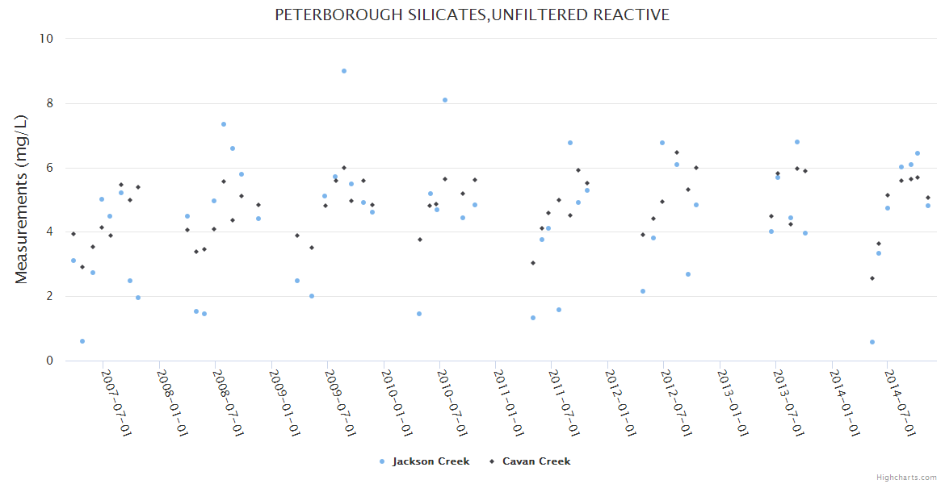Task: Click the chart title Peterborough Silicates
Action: [472, 15]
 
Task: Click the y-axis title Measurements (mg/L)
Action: [22, 199]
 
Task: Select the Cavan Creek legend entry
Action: [535, 461]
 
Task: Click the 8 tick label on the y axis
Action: [49, 103]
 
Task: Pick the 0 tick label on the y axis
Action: [49, 361]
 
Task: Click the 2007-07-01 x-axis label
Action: [116, 403]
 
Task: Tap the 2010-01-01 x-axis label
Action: [397, 403]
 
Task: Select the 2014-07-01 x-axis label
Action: [900, 403]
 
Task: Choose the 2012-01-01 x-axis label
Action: [620, 403]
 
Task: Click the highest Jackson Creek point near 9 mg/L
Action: [344, 71]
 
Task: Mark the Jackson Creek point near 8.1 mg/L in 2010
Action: [445, 100]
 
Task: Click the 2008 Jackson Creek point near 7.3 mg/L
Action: [224, 124]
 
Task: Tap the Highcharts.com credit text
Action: [906, 477]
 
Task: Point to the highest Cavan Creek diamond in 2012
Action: [677, 152]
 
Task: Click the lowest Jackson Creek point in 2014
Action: [872, 342]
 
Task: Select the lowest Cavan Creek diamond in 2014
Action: [872, 278]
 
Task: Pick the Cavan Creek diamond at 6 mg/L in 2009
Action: [344, 168]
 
